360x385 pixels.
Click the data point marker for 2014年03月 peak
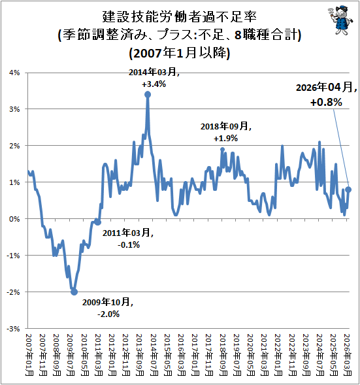tap(148, 95)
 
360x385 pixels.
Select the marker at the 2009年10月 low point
tap(74, 292)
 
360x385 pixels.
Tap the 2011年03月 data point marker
tap(98, 222)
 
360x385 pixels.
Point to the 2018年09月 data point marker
tap(223, 149)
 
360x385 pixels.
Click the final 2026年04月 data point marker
tap(348, 190)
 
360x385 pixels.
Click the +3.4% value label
tap(154, 84)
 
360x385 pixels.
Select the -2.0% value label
tap(108, 314)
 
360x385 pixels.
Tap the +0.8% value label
tap(326, 102)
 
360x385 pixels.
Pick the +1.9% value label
tap(226, 139)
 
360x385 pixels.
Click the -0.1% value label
tap(129, 244)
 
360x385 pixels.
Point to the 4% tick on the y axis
tap(14, 73)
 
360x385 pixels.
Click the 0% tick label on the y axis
tap(14, 219)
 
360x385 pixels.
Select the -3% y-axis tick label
tap(13, 329)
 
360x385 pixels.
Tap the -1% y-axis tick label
tap(13, 256)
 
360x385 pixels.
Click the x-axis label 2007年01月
tap(29, 355)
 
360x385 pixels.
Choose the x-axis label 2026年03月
tap(348, 355)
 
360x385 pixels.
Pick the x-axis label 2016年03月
tap(182, 355)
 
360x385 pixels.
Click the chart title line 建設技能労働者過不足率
tap(180, 17)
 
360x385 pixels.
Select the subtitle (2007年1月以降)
tap(180, 53)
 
